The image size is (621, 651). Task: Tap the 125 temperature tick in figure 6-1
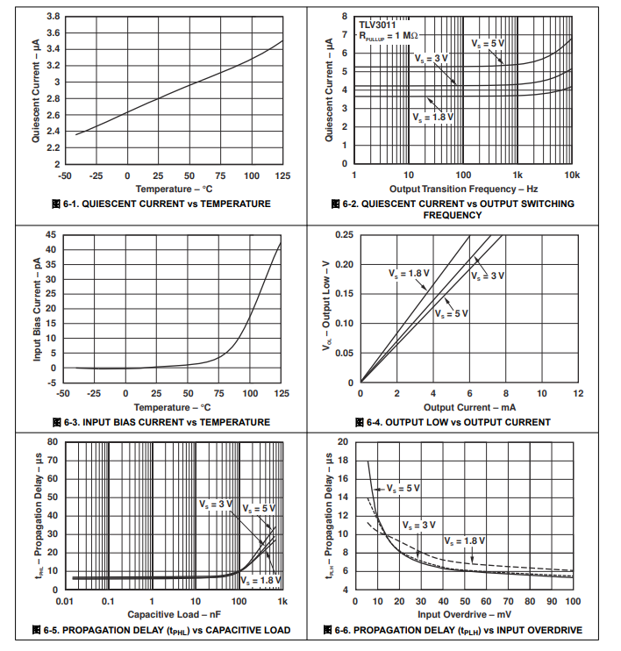(x=282, y=175)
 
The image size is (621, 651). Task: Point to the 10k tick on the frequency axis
(x=572, y=175)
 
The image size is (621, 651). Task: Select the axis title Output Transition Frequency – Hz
(x=463, y=189)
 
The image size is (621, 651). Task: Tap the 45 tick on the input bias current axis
(x=50, y=235)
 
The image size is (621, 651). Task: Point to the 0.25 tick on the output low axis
(x=344, y=235)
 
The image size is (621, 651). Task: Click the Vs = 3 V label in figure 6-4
(x=489, y=275)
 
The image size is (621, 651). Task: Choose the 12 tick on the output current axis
(x=578, y=393)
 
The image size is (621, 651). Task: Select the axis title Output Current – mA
(x=469, y=407)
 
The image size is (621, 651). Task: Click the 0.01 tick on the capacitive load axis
(x=63, y=601)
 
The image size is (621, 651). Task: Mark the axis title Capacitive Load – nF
(x=172, y=614)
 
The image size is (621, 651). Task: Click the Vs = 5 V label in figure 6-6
(x=403, y=488)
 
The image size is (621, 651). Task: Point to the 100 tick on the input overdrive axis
(x=572, y=601)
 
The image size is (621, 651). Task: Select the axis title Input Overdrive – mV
(x=463, y=614)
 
